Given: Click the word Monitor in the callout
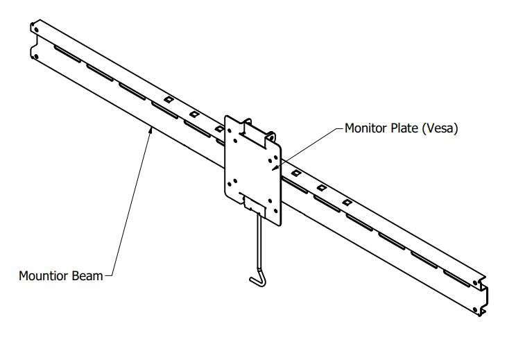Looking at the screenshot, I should [365, 128].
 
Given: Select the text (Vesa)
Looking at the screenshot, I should [442, 128].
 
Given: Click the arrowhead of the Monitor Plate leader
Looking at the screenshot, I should [275, 167].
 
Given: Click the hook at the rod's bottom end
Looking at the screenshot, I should [255, 280].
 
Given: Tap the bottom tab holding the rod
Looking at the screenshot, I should [255, 205].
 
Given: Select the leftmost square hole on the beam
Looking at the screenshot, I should [167, 100].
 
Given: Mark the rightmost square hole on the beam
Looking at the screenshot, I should [346, 202].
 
